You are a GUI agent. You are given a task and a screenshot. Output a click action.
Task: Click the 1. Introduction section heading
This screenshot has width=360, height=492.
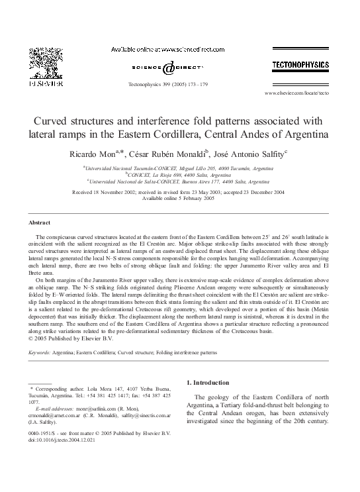point(211,383)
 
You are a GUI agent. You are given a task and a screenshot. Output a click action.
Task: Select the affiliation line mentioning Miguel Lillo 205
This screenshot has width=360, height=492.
point(180,169)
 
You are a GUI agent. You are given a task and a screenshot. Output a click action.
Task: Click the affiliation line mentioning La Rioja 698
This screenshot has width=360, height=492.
point(180,174)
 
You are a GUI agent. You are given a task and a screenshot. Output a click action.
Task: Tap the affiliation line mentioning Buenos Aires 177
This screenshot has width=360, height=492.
point(180,180)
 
